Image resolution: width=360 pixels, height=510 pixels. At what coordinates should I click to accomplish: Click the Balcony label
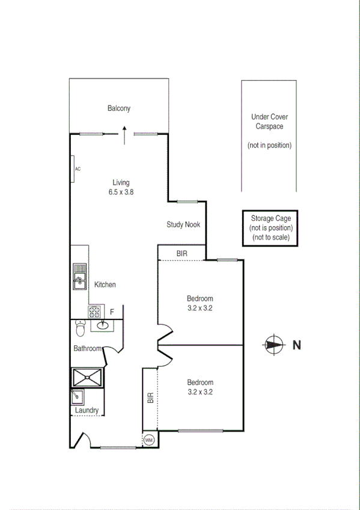click(x=119, y=108)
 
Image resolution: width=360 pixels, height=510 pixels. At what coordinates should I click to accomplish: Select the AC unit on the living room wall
click(x=72, y=168)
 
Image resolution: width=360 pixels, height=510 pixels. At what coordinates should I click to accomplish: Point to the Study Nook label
click(x=183, y=224)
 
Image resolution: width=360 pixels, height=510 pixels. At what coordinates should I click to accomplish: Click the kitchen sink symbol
click(x=80, y=277)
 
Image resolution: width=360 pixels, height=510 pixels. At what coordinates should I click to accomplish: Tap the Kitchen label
click(x=105, y=284)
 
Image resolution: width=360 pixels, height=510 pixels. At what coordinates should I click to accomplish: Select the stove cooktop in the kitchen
click(x=95, y=312)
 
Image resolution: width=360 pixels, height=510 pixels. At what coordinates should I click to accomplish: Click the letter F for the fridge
click(x=112, y=312)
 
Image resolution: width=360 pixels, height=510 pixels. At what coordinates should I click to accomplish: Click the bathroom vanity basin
click(x=102, y=326)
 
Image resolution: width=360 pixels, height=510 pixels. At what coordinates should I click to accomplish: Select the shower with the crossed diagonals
click(x=88, y=378)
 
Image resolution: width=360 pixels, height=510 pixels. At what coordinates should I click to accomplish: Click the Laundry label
click(x=87, y=411)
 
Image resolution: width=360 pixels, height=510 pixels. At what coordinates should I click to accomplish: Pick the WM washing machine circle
click(x=149, y=440)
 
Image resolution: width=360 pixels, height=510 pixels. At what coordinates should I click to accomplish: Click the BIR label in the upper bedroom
click(x=182, y=254)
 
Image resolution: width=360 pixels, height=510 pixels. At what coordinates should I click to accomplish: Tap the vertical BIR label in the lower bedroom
click(x=150, y=398)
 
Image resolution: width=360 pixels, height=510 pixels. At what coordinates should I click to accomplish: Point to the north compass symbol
click(x=273, y=345)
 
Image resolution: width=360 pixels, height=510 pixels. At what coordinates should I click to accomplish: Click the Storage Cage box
click(x=270, y=228)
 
